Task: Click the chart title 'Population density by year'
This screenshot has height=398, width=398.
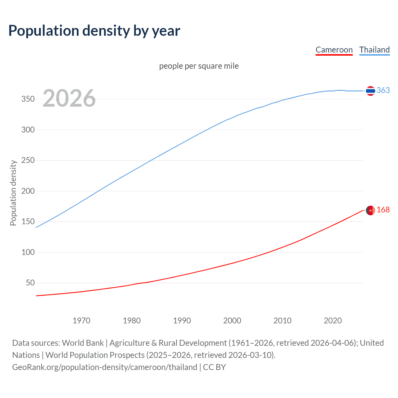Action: [x=94, y=31]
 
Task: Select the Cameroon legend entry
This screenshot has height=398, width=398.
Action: [x=334, y=50]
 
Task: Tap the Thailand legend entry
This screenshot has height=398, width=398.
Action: [x=374, y=50]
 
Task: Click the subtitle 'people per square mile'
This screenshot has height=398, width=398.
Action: [x=199, y=66]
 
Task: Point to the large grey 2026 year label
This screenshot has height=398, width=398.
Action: [x=69, y=98]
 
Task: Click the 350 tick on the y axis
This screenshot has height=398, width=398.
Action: [x=28, y=99]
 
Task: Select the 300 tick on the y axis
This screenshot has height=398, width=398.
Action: [x=28, y=130]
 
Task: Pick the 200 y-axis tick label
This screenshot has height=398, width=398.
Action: [x=28, y=191]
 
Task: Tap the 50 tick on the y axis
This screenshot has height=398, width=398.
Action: [x=30, y=283]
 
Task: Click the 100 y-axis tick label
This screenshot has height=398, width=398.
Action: [x=28, y=252]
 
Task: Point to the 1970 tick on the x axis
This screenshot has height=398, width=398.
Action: [x=81, y=321]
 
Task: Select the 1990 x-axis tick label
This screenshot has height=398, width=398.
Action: [x=182, y=321]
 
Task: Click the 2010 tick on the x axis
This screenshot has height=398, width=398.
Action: [x=282, y=321]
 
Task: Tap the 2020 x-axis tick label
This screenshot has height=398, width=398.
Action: [x=333, y=321]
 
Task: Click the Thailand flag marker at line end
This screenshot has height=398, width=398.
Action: [x=370, y=91]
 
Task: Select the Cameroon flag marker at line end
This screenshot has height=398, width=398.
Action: [x=370, y=211]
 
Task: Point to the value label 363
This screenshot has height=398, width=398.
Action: [x=383, y=90]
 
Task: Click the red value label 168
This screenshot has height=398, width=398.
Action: [x=383, y=210]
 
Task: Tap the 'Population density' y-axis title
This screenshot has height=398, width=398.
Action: [x=13, y=193]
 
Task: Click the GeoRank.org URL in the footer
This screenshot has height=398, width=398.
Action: [x=104, y=367]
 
